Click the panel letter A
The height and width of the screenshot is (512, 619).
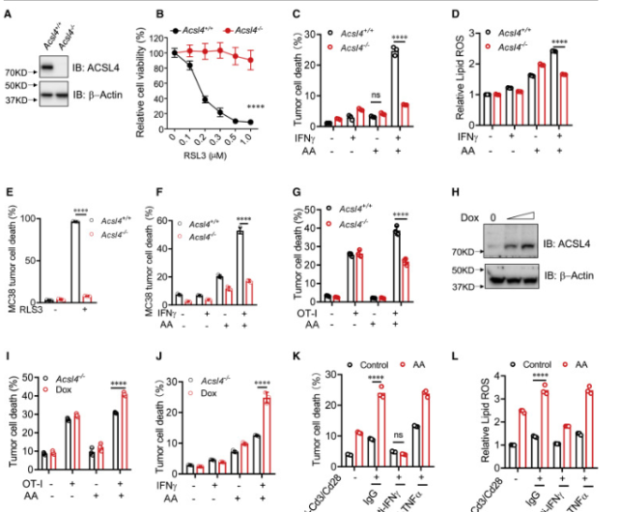pos(7,14)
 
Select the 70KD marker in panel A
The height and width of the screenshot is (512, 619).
pos(20,71)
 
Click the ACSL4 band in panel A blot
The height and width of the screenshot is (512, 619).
pos(48,70)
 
